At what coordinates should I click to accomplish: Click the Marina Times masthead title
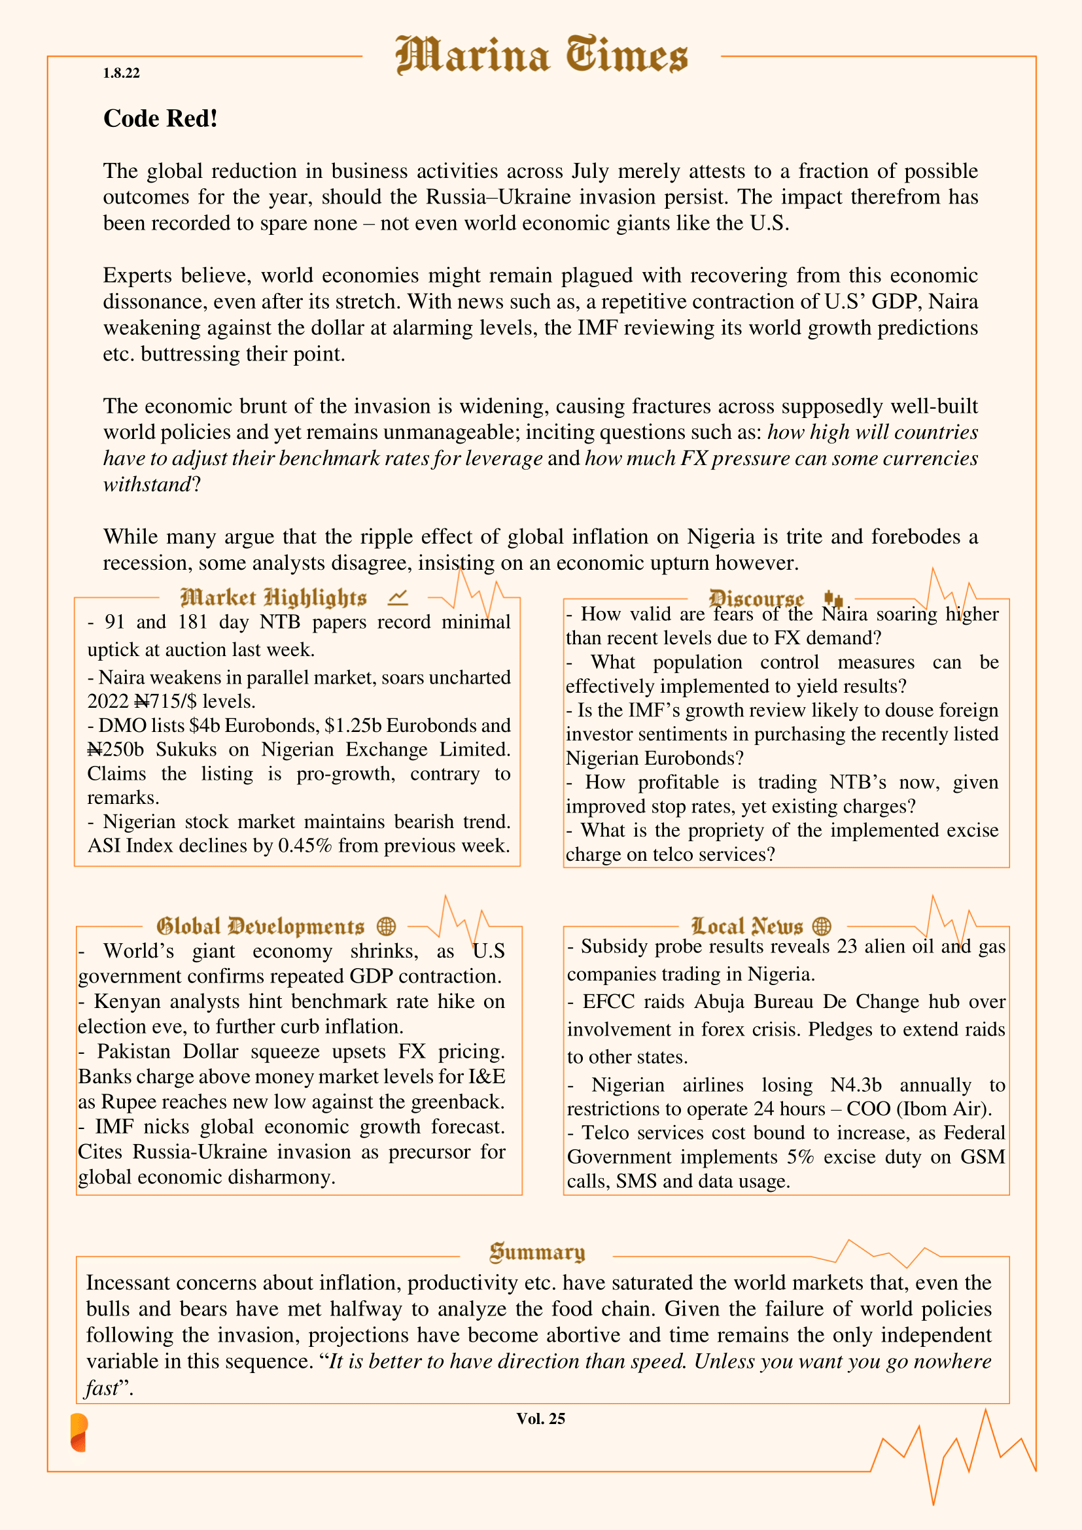(541, 55)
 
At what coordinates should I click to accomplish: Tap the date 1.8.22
(121, 73)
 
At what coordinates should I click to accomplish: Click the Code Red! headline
(160, 118)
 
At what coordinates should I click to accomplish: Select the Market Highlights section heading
(273, 598)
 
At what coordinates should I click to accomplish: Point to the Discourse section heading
(756, 598)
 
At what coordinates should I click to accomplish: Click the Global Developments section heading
(260, 926)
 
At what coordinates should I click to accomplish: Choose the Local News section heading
(747, 926)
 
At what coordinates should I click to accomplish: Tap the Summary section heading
(537, 1252)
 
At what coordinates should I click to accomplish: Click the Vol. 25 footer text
(540, 1419)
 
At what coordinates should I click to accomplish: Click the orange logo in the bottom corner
(79, 1433)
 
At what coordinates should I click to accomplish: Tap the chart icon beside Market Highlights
(398, 598)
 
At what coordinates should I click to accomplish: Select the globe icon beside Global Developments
(387, 926)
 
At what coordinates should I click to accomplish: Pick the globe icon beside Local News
(822, 926)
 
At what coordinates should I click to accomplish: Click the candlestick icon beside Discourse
(833, 598)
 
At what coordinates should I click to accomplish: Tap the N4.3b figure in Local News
(856, 1085)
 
